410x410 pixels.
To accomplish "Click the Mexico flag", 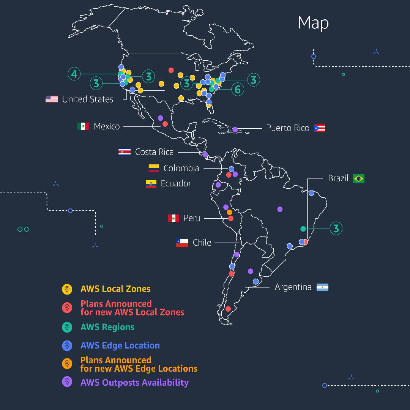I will click(83, 126).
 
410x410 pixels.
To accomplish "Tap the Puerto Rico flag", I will click(319, 128).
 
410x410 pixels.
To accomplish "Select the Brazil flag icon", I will click(358, 178).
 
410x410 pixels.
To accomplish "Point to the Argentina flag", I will click(322, 287).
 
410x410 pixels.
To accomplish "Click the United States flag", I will click(52, 99).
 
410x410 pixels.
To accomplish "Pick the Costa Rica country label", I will click(154, 152).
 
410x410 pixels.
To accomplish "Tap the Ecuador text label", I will click(176, 184).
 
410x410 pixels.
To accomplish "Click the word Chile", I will click(202, 243).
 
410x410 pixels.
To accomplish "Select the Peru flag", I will click(173, 218).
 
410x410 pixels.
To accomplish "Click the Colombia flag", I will click(154, 168).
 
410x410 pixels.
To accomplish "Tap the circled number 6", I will click(238, 89).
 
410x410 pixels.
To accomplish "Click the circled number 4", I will click(74, 74).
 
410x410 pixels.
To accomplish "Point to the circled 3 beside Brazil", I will click(336, 229).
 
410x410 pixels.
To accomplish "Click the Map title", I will click(313, 23).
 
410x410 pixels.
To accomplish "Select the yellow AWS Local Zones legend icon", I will click(67, 289).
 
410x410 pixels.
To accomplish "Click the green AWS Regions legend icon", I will click(67, 327).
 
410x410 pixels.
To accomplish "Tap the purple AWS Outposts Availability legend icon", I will click(67, 382).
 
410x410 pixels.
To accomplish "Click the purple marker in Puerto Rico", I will click(235, 129).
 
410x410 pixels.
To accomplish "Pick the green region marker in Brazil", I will click(303, 229).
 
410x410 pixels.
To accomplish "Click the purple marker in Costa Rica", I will click(205, 155).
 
